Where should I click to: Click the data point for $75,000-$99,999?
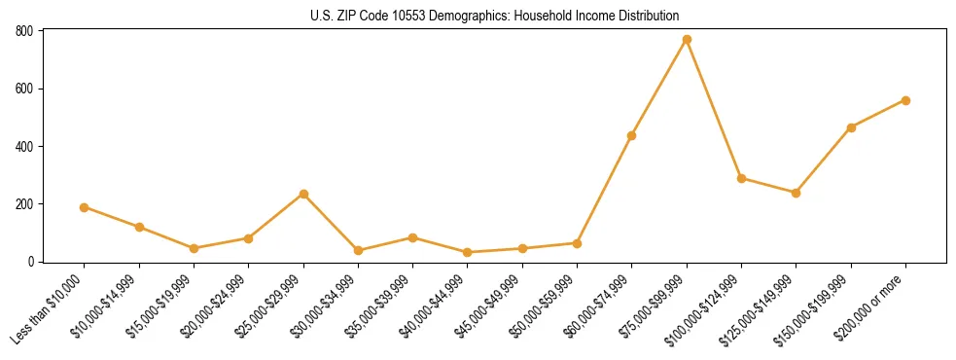[x=687, y=40]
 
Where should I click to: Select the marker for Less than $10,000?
[x=85, y=207]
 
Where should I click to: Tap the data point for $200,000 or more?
[x=905, y=100]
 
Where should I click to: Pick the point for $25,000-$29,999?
[x=303, y=194]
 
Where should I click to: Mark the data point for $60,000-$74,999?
[x=632, y=135]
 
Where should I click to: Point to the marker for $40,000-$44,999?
[x=468, y=252]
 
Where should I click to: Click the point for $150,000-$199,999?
[x=851, y=127]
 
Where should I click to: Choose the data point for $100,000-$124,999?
[x=741, y=178]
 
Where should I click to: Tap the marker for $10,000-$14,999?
[x=139, y=227]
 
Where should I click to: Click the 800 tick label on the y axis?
[x=24, y=31]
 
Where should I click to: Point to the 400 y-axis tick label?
[x=24, y=146]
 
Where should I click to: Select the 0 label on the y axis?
[x=31, y=262]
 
